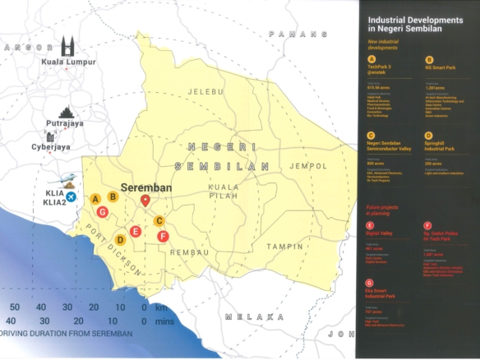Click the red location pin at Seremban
click(x=145, y=200)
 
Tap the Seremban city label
click(x=145, y=187)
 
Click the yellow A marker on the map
click(x=95, y=199)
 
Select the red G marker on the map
click(x=102, y=212)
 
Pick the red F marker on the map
click(x=163, y=237)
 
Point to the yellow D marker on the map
click(x=120, y=240)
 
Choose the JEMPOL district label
click(x=308, y=166)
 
